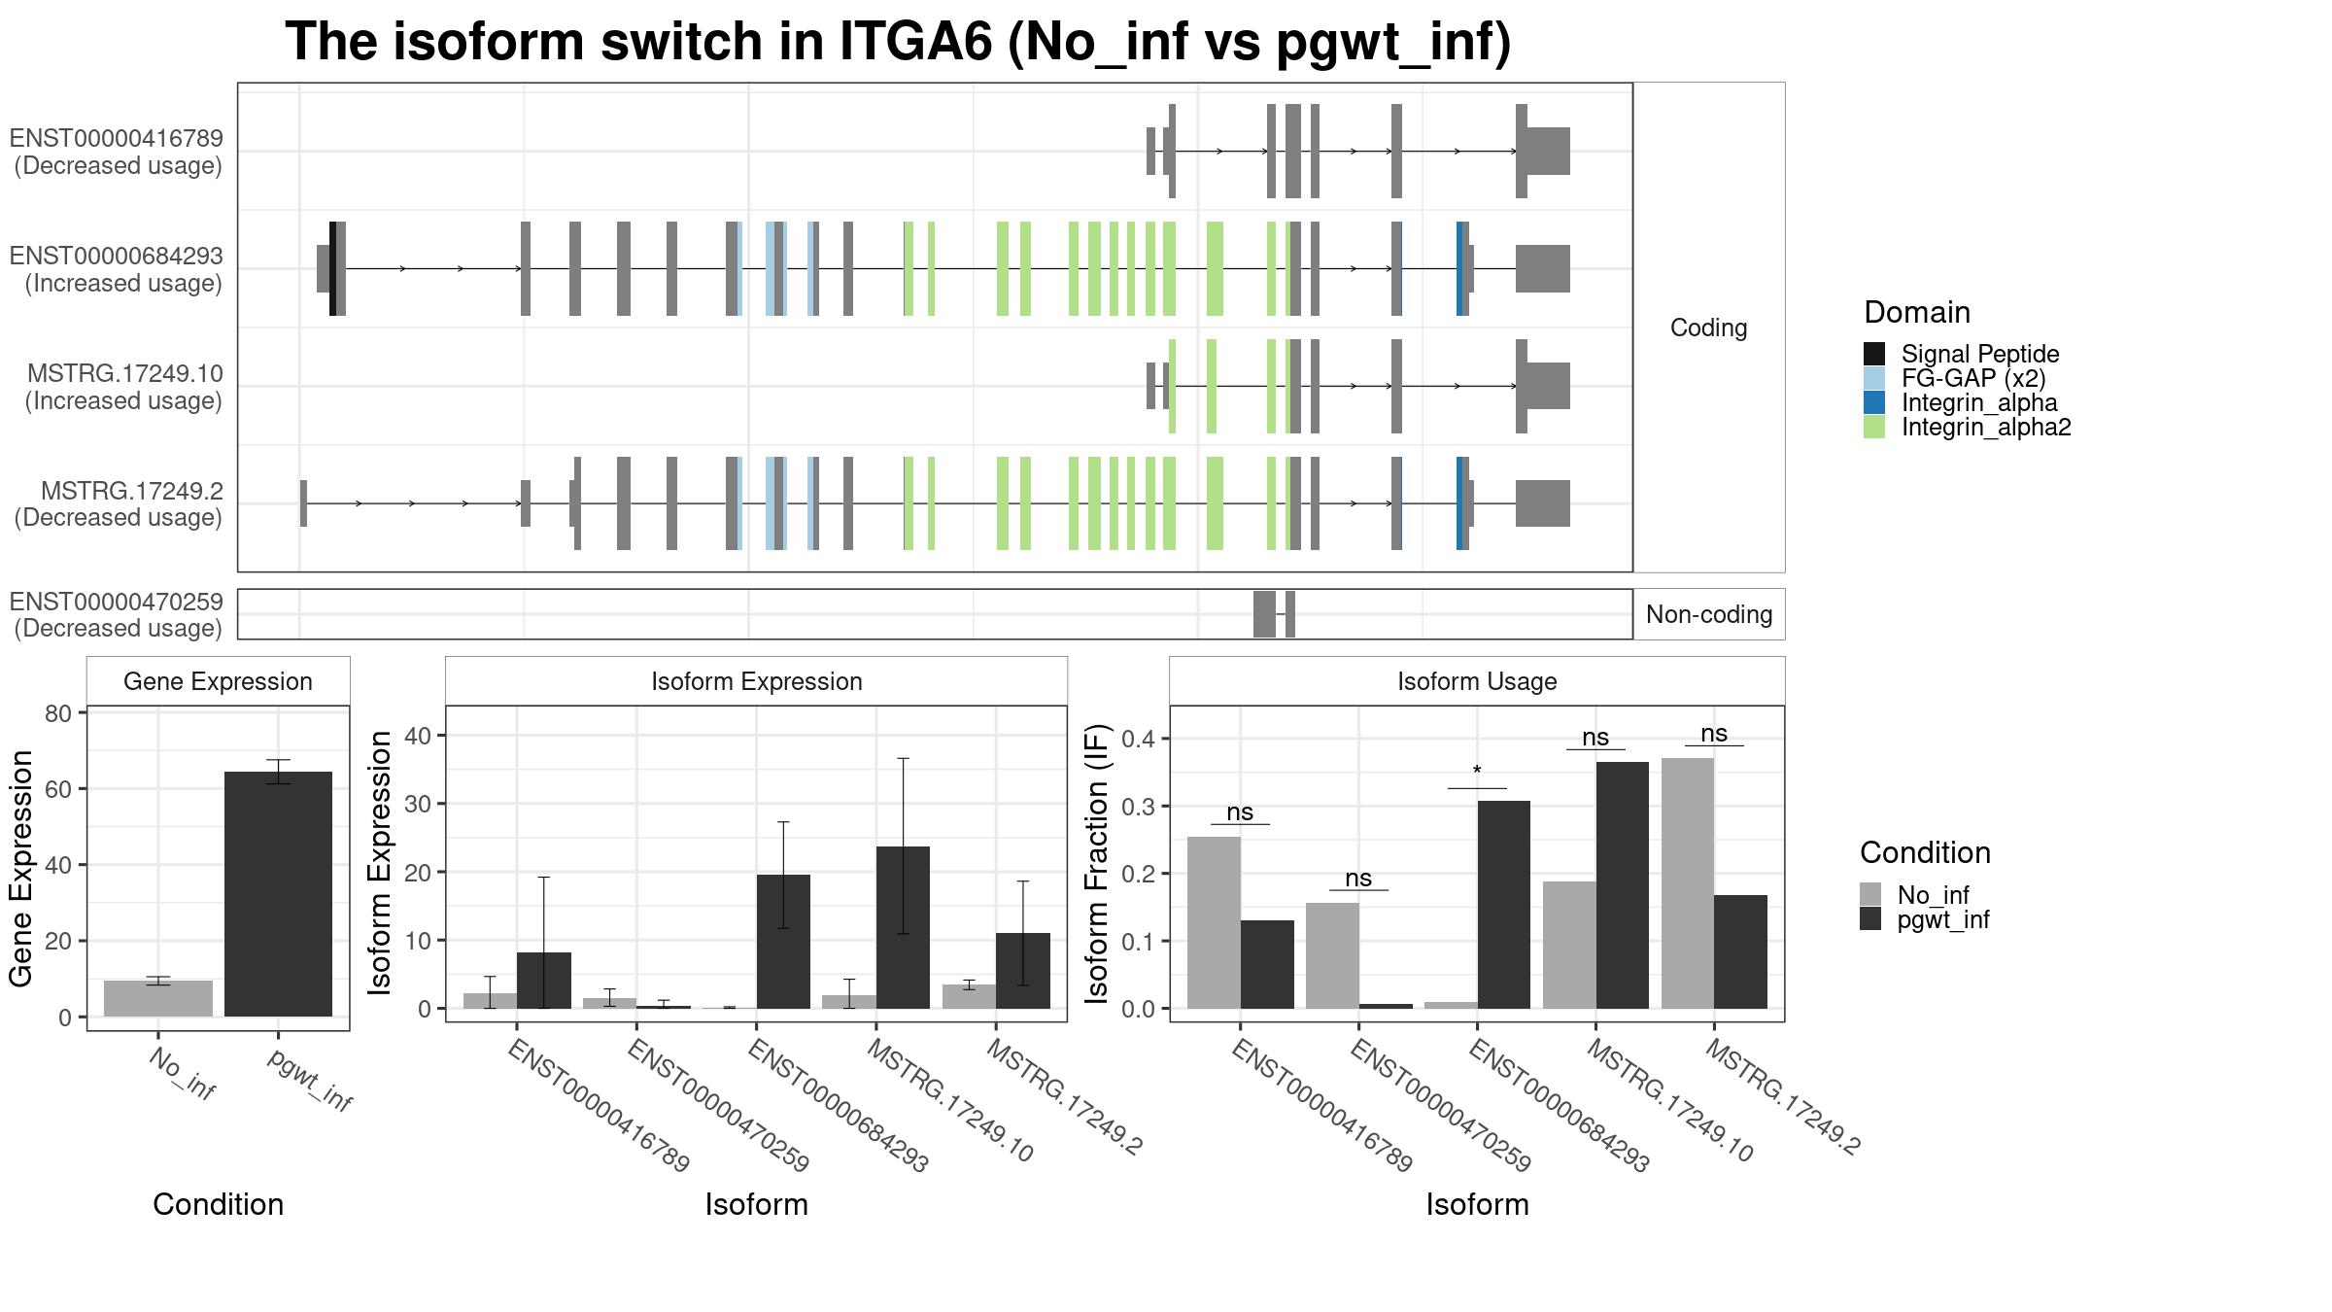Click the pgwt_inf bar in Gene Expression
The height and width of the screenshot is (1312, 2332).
(278, 894)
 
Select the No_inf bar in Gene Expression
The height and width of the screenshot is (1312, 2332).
(158, 998)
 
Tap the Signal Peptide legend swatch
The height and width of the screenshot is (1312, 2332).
(1874, 354)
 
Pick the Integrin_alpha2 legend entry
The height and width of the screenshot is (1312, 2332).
(1985, 428)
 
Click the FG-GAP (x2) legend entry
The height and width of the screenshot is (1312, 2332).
(1972, 378)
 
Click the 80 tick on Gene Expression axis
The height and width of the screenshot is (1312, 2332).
(58, 713)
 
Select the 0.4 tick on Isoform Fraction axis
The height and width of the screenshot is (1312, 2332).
(1140, 739)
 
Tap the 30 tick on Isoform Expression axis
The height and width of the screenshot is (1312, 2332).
(417, 804)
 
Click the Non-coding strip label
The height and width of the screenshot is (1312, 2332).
(1709, 614)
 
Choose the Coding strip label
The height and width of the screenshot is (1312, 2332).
(1709, 328)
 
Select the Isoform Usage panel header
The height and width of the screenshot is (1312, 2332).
(1477, 681)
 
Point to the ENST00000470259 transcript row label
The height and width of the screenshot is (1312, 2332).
(117, 614)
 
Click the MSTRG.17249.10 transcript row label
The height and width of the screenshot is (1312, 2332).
(124, 387)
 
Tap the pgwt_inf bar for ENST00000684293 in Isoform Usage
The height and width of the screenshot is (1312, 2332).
(1503, 904)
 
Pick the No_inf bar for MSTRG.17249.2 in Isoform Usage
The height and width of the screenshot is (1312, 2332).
(1688, 882)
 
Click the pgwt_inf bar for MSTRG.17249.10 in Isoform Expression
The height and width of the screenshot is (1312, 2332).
(903, 927)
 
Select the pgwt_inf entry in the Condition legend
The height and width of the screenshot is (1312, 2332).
(1942, 919)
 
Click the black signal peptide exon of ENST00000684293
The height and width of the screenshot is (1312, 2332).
(333, 268)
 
